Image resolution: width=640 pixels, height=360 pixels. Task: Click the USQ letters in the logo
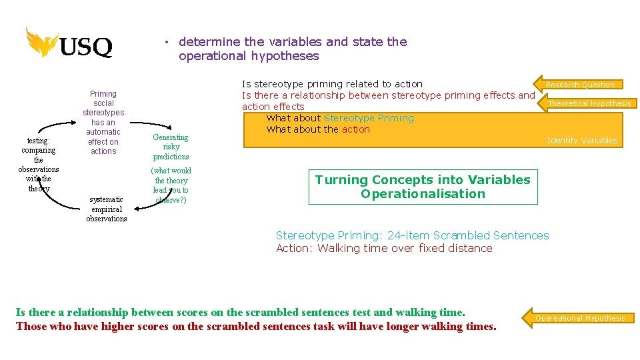click(86, 47)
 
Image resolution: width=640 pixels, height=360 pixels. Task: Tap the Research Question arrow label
click(579, 85)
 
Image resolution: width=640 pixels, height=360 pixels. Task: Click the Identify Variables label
click(581, 140)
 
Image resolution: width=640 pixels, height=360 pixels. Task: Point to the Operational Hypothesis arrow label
click(579, 318)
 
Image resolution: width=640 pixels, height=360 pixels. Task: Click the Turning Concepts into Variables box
click(423, 187)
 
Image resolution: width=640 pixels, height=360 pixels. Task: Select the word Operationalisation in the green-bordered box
click(423, 194)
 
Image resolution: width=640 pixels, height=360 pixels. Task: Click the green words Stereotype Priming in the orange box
click(368, 118)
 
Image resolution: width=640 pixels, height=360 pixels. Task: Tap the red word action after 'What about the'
click(355, 129)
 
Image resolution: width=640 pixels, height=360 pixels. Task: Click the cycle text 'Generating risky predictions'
click(171, 147)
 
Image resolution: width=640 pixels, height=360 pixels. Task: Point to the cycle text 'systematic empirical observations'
click(106, 209)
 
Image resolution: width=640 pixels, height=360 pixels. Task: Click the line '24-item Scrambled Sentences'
click(412, 235)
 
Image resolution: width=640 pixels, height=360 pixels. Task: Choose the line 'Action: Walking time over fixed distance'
click(384, 248)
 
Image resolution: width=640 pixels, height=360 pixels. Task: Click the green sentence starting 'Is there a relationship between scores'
click(240, 311)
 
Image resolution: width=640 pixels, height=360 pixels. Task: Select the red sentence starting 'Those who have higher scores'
click(256, 326)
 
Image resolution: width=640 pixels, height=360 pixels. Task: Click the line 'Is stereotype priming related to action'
click(332, 84)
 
